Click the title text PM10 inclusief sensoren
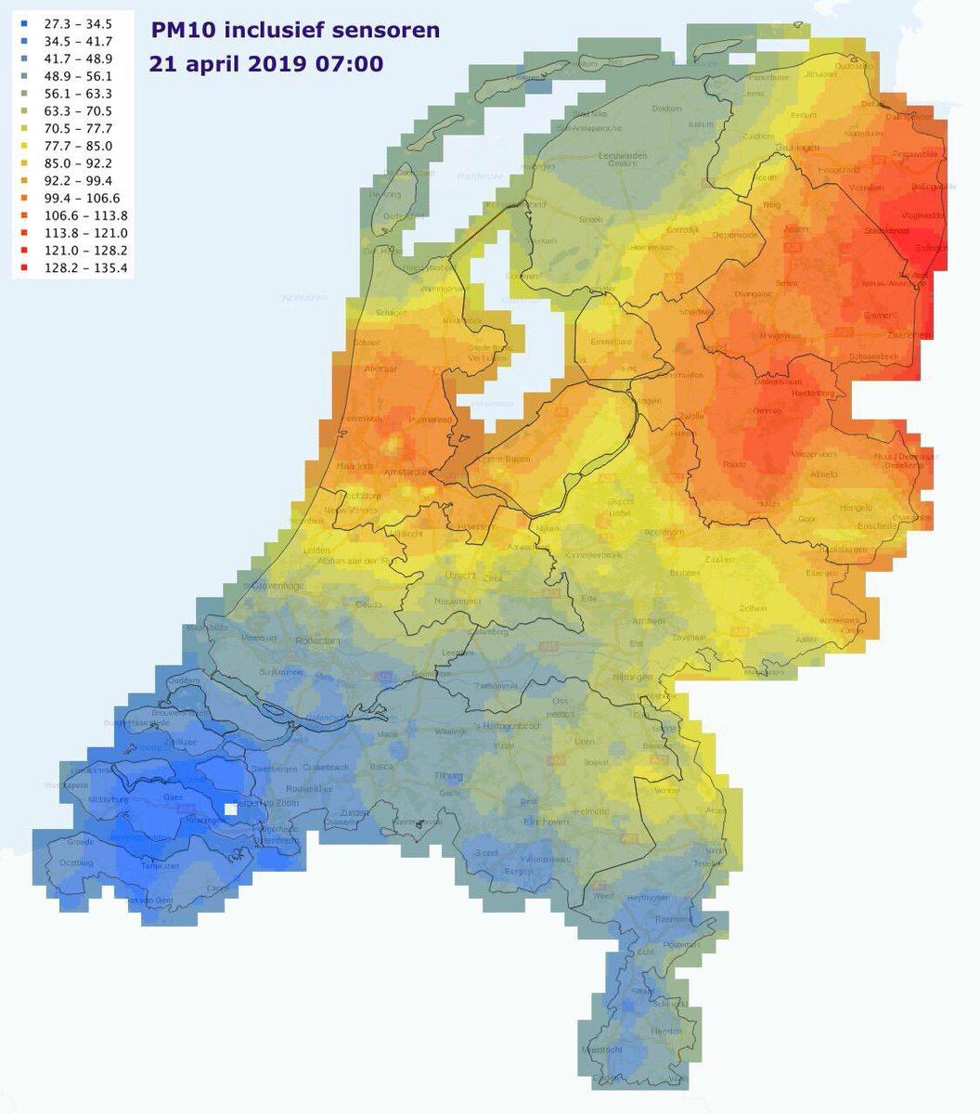pos(295,31)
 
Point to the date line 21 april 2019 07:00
pos(266,64)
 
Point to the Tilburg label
pos(448,775)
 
